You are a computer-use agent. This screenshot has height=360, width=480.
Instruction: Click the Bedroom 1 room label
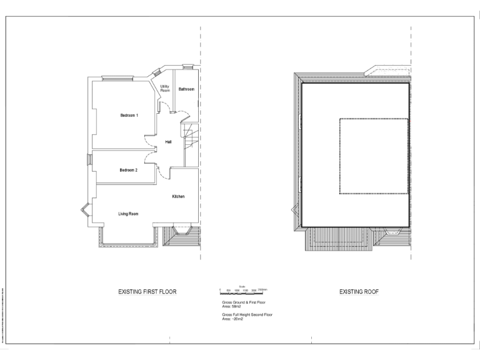coord(129,116)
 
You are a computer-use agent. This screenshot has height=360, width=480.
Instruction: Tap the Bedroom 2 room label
coord(129,170)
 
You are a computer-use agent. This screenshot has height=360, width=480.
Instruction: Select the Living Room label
coord(128,214)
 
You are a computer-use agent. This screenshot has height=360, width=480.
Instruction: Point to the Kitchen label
coord(178,197)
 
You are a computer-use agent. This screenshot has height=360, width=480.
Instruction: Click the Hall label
coord(169,142)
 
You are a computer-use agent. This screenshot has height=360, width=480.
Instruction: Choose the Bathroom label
coord(186,89)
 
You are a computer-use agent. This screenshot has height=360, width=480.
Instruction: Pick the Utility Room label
coord(165,89)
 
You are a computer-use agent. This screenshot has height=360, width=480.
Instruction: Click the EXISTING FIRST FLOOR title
coord(147,292)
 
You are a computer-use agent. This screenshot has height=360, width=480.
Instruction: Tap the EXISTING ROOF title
coord(359,292)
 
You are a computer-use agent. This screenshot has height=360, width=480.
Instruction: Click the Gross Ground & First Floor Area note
coord(244,304)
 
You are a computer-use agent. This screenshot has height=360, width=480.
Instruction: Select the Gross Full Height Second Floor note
coord(247,317)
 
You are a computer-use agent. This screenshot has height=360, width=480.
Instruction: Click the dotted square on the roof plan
coord(374,156)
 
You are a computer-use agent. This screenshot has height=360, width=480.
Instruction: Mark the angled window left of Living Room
coord(85,214)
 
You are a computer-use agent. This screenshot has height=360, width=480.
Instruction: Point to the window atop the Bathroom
coord(187,66)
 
